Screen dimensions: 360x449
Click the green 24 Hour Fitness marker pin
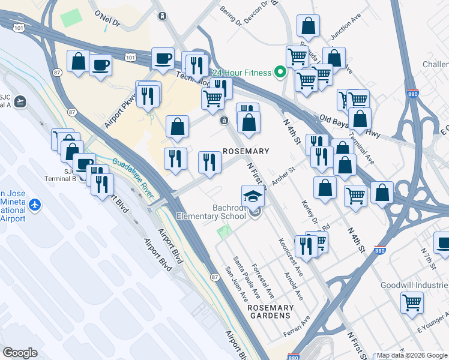(x=280, y=73)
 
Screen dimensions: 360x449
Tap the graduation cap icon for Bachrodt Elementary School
(x=253, y=196)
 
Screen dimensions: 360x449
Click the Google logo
(x=20, y=353)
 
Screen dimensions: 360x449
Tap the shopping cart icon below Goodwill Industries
(x=412, y=302)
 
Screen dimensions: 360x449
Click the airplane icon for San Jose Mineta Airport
(x=34, y=205)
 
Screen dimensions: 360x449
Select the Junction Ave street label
(x=346, y=35)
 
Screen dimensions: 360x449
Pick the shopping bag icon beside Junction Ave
(x=308, y=26)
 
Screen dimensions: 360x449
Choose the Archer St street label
(x=285, y=173)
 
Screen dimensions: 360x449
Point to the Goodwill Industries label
(x=414, y=286)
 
